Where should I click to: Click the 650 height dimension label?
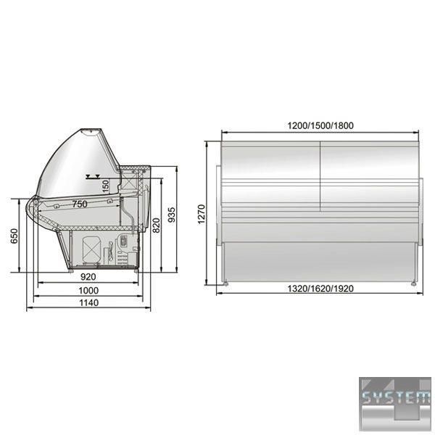[x=14, y=236]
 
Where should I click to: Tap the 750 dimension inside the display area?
[x=80, y=204]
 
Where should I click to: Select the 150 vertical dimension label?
[x=105, y=186]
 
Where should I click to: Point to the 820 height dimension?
[x=157, y=225]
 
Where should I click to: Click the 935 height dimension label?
[x=172, y=215]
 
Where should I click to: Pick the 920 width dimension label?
[x=88, y=277]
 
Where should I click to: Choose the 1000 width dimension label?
[x=88, y=291]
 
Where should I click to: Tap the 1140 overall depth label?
[x=88, y=302]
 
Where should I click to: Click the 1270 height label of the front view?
[x=201, y=214]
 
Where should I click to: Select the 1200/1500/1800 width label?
[x=320, y=125]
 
